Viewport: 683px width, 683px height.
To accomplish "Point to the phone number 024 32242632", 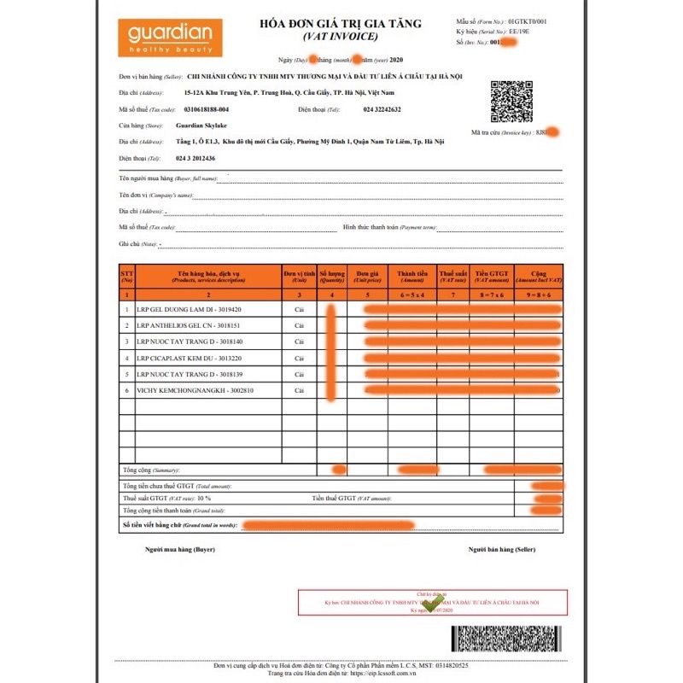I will coord(382,110).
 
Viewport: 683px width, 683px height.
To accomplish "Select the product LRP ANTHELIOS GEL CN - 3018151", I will coord(190,325).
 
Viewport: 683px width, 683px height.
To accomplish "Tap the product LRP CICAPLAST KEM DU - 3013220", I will coord(190,358).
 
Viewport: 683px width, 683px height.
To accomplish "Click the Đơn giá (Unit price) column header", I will coord(367,276).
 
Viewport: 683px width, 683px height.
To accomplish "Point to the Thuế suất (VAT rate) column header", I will coord(452,276).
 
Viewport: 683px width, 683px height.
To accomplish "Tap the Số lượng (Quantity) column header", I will coord(331,276).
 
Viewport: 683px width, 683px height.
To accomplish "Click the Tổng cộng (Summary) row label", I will coord(149,470).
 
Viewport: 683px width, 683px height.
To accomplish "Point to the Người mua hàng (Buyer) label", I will coord(180,549).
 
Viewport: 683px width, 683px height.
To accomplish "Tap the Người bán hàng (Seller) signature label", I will coord(501,549).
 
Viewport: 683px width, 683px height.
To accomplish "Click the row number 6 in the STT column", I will coord(127,390).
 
